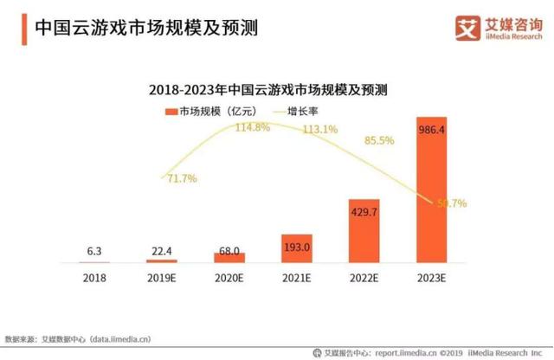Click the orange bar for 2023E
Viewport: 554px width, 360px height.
pyautogui.click(x=432, y=190)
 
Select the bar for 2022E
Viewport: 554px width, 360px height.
pyautogui.click(x=364, y=229)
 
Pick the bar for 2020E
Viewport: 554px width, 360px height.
pyautogui.click(x=229, y=257)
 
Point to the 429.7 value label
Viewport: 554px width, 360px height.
pyautogui.click(x=364, y=211)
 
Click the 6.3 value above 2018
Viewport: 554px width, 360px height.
pyautogui.click(x=94, y=252)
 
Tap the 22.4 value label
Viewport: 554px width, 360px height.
pyautogui.click(x=162, y=251)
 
